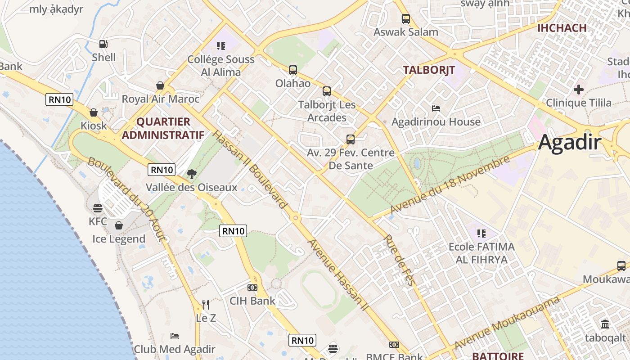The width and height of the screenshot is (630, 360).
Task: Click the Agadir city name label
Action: point(570,142)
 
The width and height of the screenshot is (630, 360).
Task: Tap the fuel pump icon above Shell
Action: point(103,44)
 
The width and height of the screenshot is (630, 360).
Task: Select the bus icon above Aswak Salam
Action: point(406,19)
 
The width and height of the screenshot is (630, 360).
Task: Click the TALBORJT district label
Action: point(429,70)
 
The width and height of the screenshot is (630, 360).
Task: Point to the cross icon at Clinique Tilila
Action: point(579,90)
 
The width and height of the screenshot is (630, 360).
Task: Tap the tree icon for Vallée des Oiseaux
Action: point(191,174)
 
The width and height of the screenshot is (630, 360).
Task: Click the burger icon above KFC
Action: point(98,208)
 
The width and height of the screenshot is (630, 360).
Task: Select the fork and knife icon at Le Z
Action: point(206,305)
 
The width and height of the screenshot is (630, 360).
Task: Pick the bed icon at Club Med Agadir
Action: point(175,336)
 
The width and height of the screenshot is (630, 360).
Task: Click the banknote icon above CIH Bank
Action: point(252,287)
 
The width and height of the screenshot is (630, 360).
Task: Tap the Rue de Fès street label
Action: point(400,260)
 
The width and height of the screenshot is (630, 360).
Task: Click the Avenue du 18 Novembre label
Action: point(450,185)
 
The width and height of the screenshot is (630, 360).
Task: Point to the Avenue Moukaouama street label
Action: point(507,323)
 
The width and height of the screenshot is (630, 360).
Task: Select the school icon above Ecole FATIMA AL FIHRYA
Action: point(481,234)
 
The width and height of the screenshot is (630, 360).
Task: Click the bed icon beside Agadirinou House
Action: point(436,108)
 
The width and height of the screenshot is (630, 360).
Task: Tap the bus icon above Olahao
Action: point(293,70)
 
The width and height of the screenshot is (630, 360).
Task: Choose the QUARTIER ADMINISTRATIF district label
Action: point(163,128)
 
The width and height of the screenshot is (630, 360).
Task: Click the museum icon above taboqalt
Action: point(605,324)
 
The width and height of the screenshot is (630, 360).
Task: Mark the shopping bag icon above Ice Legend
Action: point(119,225)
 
